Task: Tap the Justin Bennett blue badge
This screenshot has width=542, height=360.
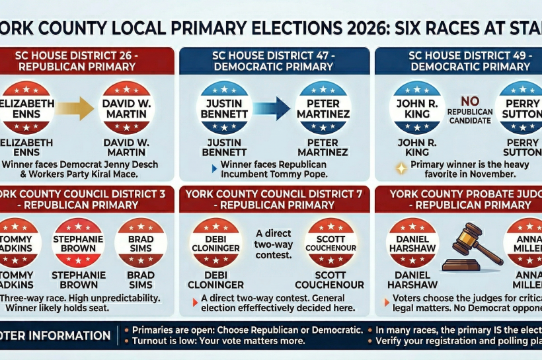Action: (223, 108)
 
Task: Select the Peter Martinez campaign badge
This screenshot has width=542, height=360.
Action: (322, 108)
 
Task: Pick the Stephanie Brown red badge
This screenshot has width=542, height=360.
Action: (77, 242)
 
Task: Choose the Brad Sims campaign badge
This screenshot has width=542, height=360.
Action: (140, 242)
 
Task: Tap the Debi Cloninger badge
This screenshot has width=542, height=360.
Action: (215, 242)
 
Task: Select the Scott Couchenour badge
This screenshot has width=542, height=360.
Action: (331, 242)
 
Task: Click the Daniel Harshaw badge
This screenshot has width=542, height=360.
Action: (413, 242)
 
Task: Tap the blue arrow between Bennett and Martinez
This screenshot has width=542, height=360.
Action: (272, 108)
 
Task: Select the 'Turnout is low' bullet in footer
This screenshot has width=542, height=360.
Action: (218, 341)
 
